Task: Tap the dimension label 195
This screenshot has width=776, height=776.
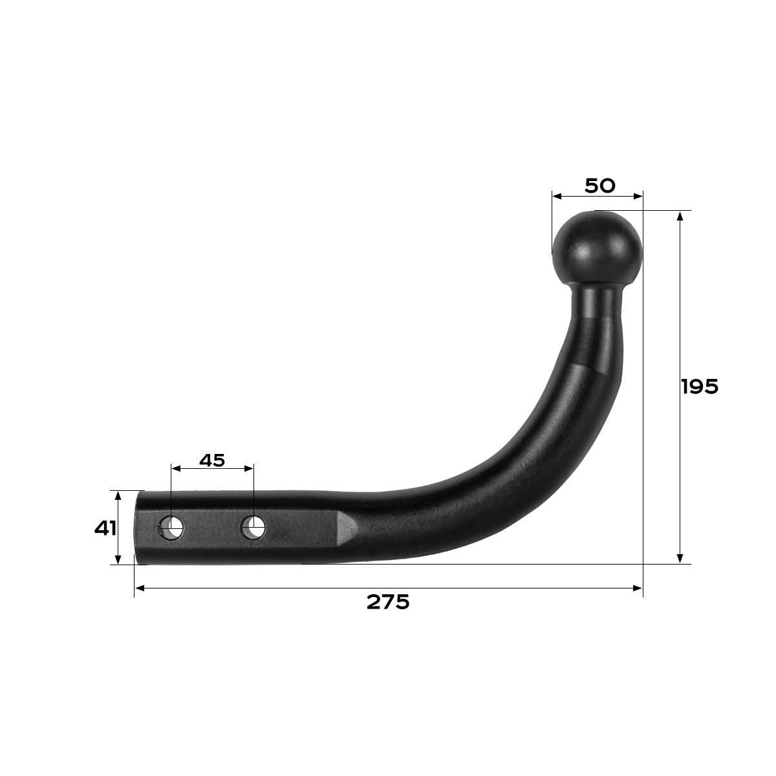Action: (x=700, y=387)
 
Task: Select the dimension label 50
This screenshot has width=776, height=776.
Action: (x=600, y=186)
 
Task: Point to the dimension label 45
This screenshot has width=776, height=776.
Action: (x=212, y=460)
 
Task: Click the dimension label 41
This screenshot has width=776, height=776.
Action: (x=105, y=528)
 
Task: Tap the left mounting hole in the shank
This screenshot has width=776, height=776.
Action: (x=172, y=528)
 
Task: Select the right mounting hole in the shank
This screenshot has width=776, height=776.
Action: (x=253, y=527)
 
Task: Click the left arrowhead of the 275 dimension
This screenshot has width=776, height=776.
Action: (x=140, y=588)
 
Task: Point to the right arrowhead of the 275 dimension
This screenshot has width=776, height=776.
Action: (x=638, y=588)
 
